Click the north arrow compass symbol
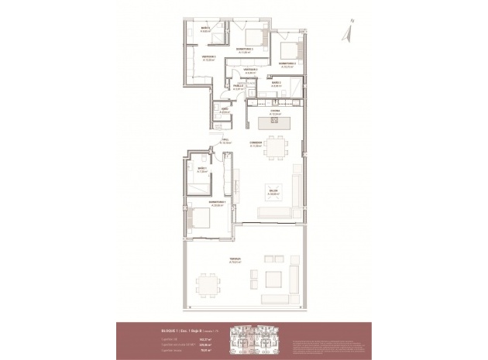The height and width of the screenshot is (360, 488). coord(349,31)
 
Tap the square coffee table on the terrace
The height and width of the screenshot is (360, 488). coord(273,279)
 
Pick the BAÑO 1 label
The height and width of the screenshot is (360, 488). coord(201,170)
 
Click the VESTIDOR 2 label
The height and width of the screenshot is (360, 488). coord(249,71)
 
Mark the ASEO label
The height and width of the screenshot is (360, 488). coord(224,110)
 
